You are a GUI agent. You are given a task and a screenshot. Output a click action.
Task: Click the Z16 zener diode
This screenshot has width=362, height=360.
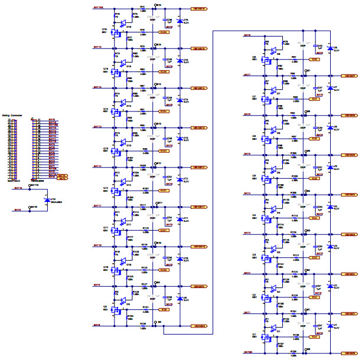[180, 21]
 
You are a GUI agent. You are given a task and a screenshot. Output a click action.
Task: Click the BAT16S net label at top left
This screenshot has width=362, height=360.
[97, 8]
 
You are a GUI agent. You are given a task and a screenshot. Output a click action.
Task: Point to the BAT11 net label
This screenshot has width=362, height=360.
[97, 206]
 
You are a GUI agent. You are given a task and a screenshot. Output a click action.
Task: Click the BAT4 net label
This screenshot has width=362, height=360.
[247, 194]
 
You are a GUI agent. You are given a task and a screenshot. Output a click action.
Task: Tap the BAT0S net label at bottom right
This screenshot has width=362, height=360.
[247, 352]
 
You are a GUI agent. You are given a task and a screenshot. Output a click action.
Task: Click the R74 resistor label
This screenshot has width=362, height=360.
[142, 6]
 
